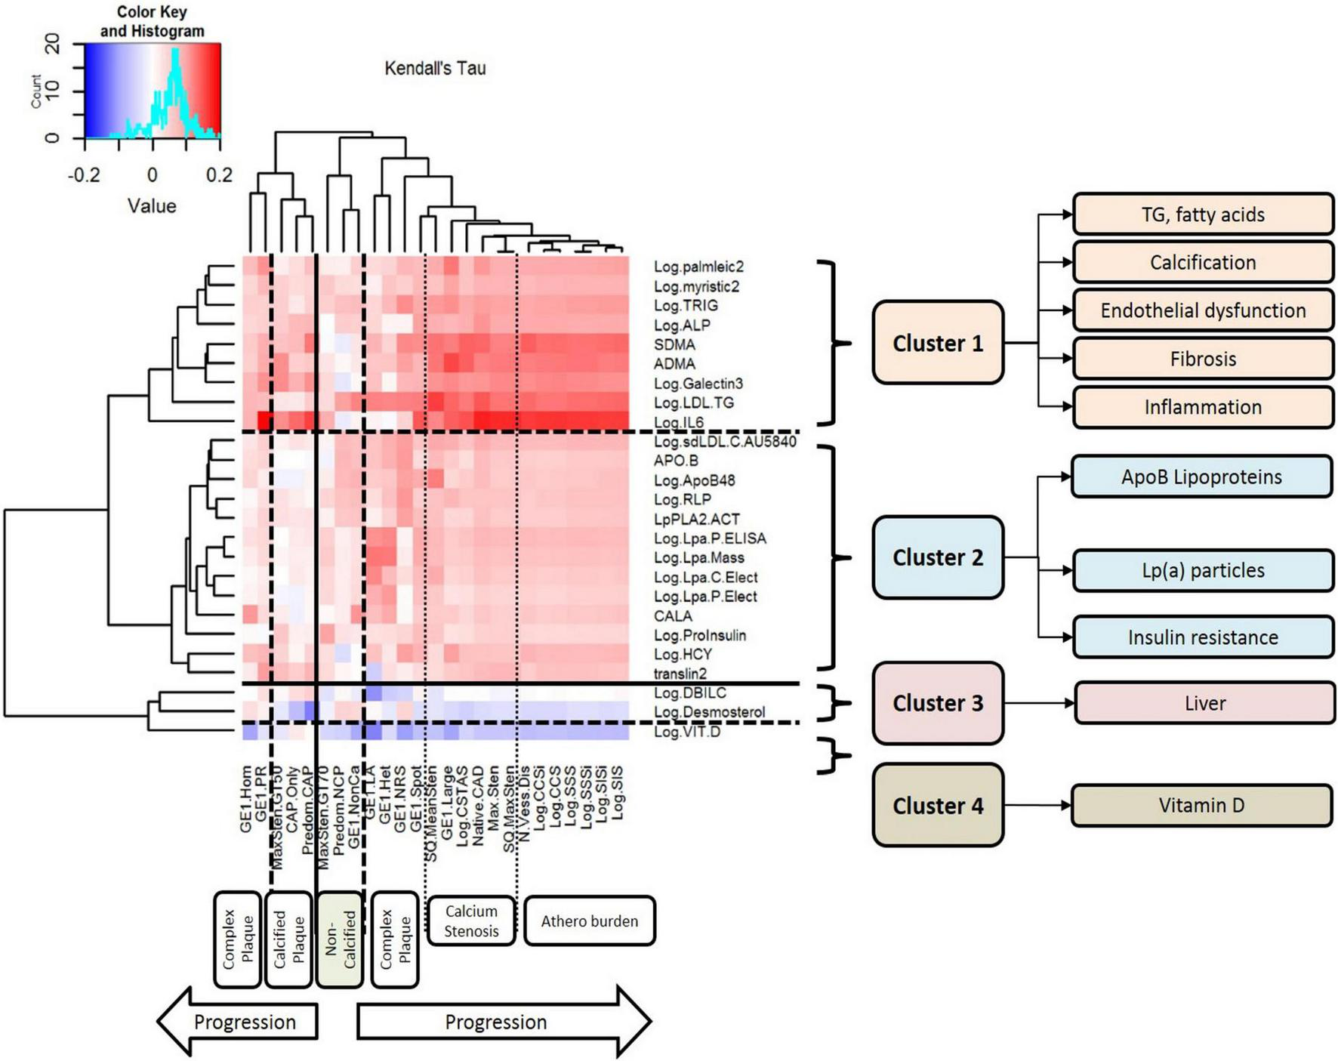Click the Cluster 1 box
937,343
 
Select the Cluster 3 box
937,703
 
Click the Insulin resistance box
1202,637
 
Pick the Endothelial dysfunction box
1202,310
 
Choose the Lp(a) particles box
1202,570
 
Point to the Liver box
1204,703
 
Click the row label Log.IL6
678,422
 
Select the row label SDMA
674,344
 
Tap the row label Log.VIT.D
686,732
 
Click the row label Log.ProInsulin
699,635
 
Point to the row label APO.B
675,461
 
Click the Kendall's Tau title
435,69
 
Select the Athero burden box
589,921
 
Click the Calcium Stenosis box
471,921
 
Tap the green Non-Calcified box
340,939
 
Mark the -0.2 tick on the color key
84,175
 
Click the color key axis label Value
152,206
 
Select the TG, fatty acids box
1202,214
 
